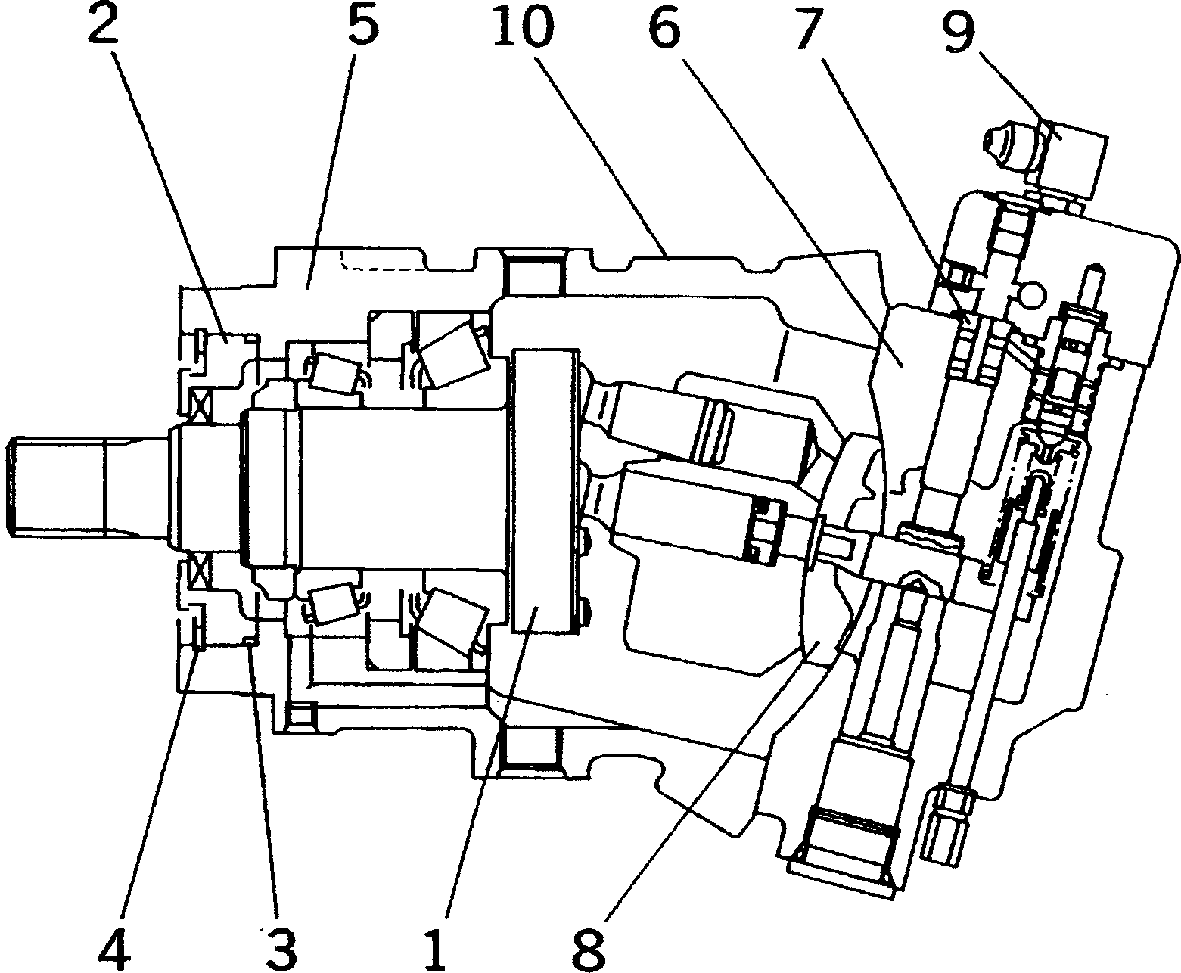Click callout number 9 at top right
(x=957, y=29)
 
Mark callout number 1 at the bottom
(x=435, y=942)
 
